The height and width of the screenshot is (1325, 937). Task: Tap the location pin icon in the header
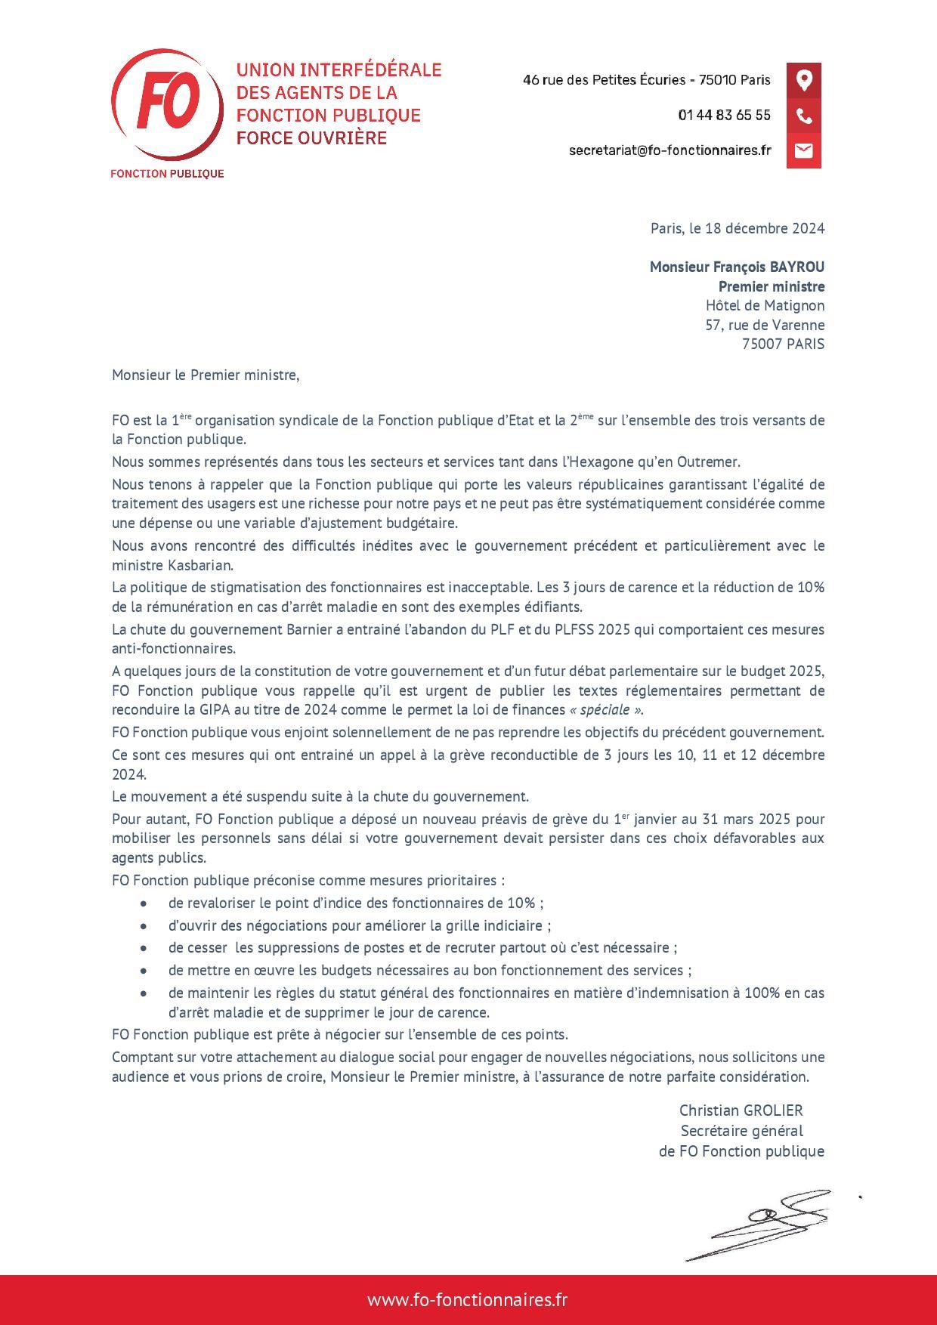coord(803,80)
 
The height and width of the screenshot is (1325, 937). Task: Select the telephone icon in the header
coord(803,116)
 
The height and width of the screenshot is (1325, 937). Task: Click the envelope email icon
coord(803,150)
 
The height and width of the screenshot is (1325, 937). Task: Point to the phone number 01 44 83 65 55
coord(724,115)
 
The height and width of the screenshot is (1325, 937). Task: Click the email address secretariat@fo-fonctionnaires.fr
coord(670,150)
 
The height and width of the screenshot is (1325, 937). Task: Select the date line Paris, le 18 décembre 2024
coord(737,228)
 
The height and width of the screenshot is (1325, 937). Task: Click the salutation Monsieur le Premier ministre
coord(206,375)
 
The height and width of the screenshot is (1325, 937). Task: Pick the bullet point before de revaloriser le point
coord(144,903)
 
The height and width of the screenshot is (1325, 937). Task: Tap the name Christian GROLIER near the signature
coord(741,1110)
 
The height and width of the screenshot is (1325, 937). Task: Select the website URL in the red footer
coord(468,1300)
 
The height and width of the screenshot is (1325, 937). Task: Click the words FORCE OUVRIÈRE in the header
coord(311,138)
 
